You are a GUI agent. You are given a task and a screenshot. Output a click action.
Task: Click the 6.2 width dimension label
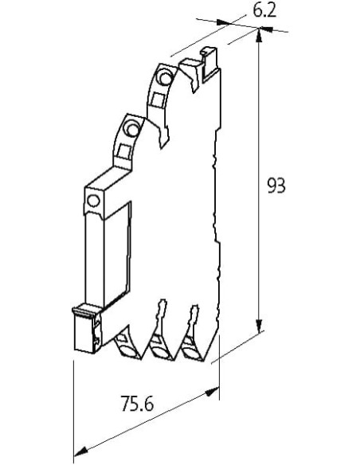(264, 11)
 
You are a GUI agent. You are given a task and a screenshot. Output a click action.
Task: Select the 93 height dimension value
(276, 186)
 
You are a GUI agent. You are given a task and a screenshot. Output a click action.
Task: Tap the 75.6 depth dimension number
(137, 404)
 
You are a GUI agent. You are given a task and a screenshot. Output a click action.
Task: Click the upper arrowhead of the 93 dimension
(259, 36)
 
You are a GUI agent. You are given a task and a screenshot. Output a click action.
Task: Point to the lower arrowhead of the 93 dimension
(259, 326)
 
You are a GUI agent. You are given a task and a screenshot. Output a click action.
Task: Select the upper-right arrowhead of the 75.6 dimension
(213, 392)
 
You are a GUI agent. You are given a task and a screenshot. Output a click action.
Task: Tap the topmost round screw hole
(164, 76)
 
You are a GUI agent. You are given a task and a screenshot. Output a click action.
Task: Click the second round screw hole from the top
(131, 127)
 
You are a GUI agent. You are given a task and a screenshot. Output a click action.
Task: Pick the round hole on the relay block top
(93, 201)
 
